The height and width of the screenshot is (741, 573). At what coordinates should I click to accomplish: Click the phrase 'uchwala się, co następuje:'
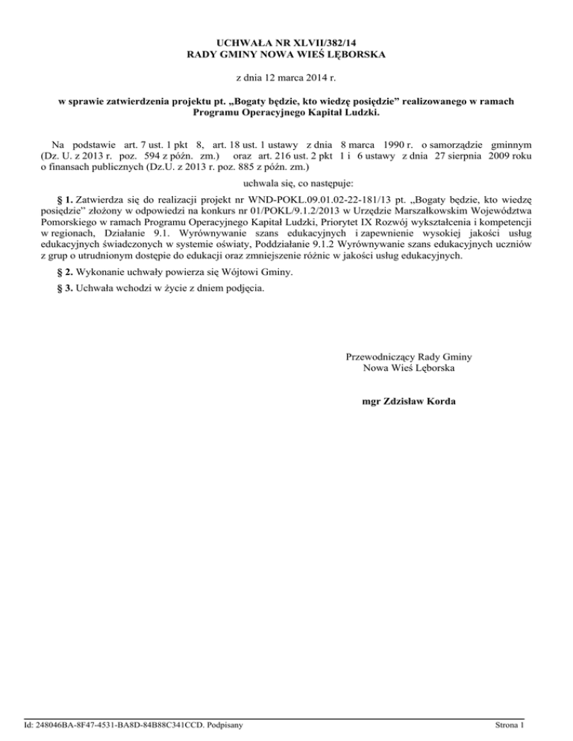(x=286, y=183)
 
